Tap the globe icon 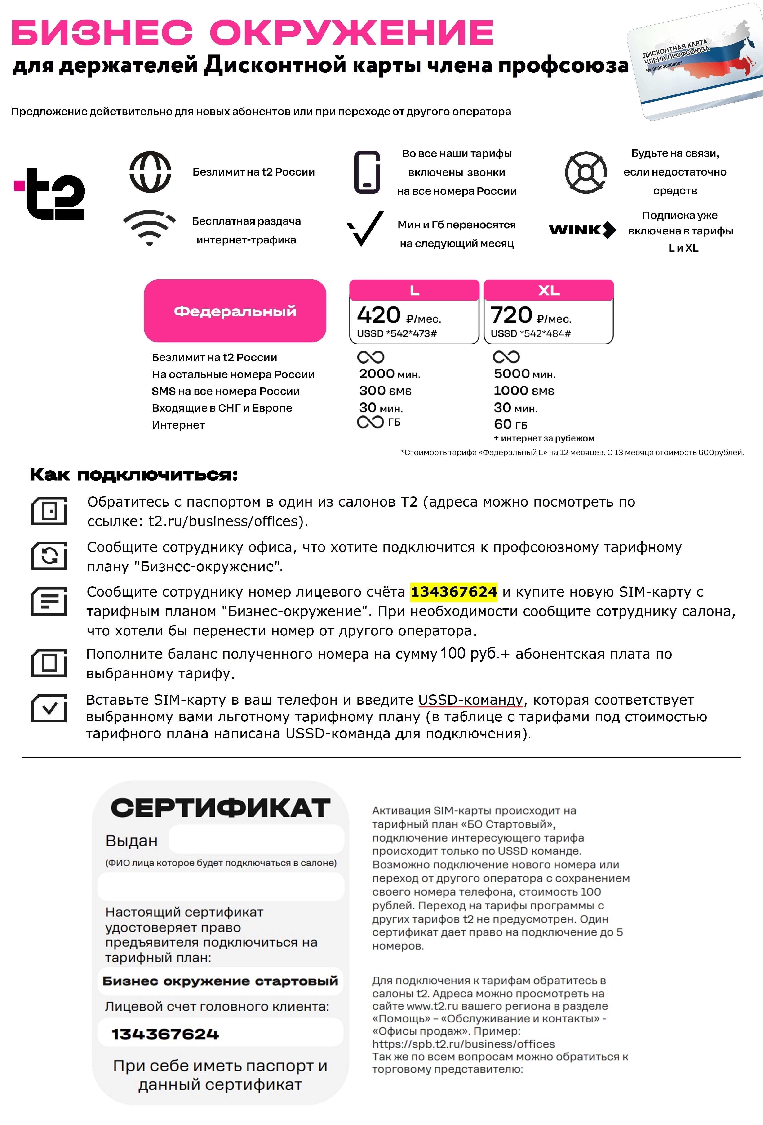coord(150,172)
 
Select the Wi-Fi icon coord(150,228)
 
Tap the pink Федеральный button coord(235,311)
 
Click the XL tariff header coord(549,290)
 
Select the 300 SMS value coord(385,391)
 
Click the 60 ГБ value coord(510,424)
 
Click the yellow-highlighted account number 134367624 coord(453,592)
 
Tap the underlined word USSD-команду coord(470,700)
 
